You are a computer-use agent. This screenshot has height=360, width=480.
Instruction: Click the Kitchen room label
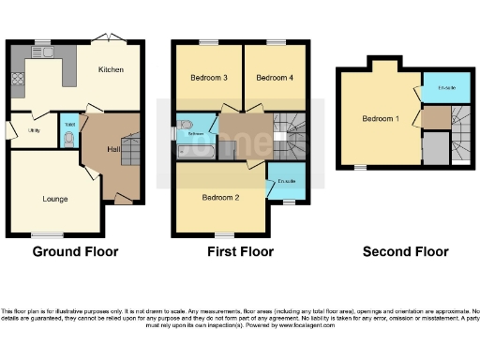112,70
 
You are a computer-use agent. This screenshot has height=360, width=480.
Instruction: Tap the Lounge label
55,198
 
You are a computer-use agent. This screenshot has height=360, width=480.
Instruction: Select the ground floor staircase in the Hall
129,151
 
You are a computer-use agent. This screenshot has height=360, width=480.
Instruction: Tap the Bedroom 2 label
222,197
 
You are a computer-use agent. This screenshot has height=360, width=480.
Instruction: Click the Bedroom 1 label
382,119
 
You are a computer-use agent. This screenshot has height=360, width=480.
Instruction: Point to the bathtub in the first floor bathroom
196,151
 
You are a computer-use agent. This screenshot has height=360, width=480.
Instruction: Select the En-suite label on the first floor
285,180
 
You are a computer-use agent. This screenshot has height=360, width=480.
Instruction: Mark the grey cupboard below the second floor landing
435,148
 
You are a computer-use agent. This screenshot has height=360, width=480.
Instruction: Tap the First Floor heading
240,251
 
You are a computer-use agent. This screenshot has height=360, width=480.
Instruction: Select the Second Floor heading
405,251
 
